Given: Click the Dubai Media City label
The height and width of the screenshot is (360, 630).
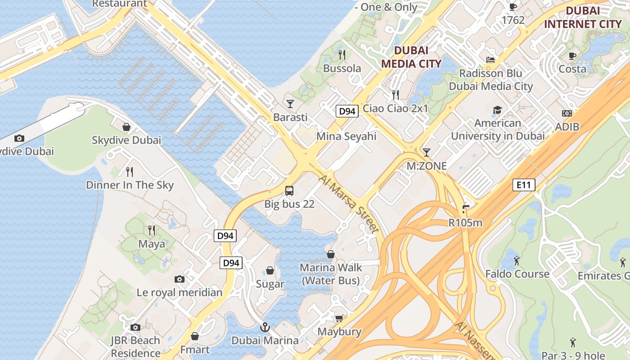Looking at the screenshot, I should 411,57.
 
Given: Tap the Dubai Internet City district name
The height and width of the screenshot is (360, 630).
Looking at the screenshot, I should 583,18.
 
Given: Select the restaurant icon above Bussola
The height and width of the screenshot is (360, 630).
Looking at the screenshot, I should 342,55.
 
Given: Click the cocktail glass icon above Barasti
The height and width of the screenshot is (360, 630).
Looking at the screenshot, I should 290,104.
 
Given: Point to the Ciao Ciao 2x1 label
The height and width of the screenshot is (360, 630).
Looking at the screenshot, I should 396,108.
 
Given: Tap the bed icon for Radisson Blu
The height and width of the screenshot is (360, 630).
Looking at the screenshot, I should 490,59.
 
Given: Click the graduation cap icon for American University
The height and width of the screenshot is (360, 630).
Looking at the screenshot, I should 497,110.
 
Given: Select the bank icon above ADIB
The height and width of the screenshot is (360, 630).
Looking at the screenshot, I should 567,113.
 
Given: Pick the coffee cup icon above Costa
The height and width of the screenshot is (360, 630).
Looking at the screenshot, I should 572,56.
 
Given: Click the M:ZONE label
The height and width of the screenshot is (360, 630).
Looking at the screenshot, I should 427,166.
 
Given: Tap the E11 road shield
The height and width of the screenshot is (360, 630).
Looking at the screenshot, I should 524,184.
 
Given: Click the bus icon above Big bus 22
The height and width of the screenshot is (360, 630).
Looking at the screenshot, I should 289,191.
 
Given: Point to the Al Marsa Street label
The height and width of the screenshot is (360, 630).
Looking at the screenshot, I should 349,204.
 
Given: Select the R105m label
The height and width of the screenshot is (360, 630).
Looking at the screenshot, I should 465,222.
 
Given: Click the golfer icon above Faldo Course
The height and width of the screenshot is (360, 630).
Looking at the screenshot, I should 517,261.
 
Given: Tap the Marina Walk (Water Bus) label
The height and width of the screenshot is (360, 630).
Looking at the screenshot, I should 331,274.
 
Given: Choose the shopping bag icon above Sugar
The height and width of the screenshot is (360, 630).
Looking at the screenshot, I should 270,270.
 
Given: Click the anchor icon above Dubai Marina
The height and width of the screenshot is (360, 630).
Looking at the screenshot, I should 265,327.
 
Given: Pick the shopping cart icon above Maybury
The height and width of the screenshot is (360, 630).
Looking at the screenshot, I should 339,319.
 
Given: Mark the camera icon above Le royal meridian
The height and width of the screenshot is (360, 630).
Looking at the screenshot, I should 180,279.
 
